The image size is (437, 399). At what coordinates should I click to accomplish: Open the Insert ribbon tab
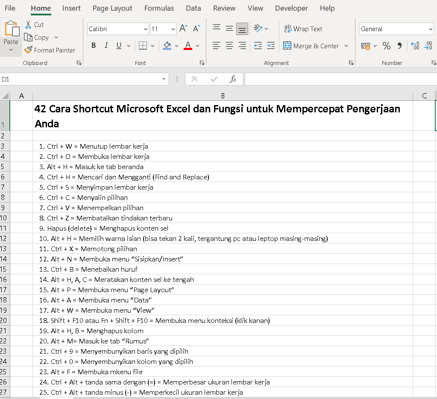pyautogui.click(x=71, y=8)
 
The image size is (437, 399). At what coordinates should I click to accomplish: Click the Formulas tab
pyautogui.click(x=159, y=8)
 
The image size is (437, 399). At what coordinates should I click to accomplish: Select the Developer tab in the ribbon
pyautogui.click(x=291, y=8)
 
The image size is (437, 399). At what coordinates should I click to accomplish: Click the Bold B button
pyautogui.click(x=94, y=46)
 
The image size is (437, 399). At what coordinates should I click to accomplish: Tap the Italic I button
pyautogui.click(x=106, y=46)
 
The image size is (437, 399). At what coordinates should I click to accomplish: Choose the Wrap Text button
pyautogui.click(x=303, y=29)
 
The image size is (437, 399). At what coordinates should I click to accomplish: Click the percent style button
pyautogui.click(x=387, y=46)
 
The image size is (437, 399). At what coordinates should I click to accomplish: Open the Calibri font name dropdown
pyautogui.click(x=118, y=29)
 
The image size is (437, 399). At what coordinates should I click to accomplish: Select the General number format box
pyautogui.click(x=396, y=29)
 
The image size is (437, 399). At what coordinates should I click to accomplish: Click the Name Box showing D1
pyautogui.click(x=81, y=79)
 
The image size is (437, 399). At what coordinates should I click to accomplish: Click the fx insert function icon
pyautogui.click(x=233, y=79)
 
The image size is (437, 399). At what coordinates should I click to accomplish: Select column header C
pyautogui.click(x=424, y=96)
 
